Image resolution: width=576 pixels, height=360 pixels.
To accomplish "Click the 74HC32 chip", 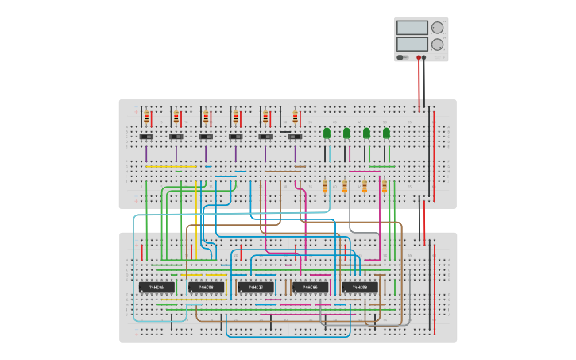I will [x=256, y=287].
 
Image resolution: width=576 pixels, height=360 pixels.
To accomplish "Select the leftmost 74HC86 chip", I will [x=157, y=287].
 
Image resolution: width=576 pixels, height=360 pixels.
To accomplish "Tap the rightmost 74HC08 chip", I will [x=360, y=287].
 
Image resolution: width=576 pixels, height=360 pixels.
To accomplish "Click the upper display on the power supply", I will [x=412, y=27].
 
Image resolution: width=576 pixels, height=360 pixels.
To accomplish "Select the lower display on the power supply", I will [x=412, y=45].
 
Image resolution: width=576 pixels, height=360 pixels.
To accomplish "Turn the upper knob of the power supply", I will [x=437, y=27].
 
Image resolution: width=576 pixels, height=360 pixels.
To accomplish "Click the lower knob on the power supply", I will [x=437, y=45].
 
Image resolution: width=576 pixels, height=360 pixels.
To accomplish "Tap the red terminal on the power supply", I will [x=419, y=57].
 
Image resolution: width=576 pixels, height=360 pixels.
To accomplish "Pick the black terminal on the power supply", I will [x=424, y=57].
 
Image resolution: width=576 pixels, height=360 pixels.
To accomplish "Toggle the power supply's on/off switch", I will [x=401, y=57].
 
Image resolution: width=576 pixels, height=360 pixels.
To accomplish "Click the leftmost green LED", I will [x=327, y=133].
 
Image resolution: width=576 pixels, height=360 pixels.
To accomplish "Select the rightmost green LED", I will [x=386, y=133].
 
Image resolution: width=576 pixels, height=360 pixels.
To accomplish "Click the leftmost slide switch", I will [x=146, y=137].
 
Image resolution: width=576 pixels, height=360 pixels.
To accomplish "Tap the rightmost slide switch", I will [x=295, y=137].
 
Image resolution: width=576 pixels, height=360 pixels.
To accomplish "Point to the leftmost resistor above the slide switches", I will [x=146, y=118].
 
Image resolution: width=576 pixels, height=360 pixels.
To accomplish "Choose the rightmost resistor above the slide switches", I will [x=295, y=118].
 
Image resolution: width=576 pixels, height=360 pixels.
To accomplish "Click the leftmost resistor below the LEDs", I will [x=325, y=187].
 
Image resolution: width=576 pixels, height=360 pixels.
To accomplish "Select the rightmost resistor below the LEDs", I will [x=385, y=187].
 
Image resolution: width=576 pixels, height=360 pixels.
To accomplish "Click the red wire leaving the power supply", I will [x=419, y=83].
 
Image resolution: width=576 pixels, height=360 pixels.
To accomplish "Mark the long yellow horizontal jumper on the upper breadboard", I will [x=170, y=167].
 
